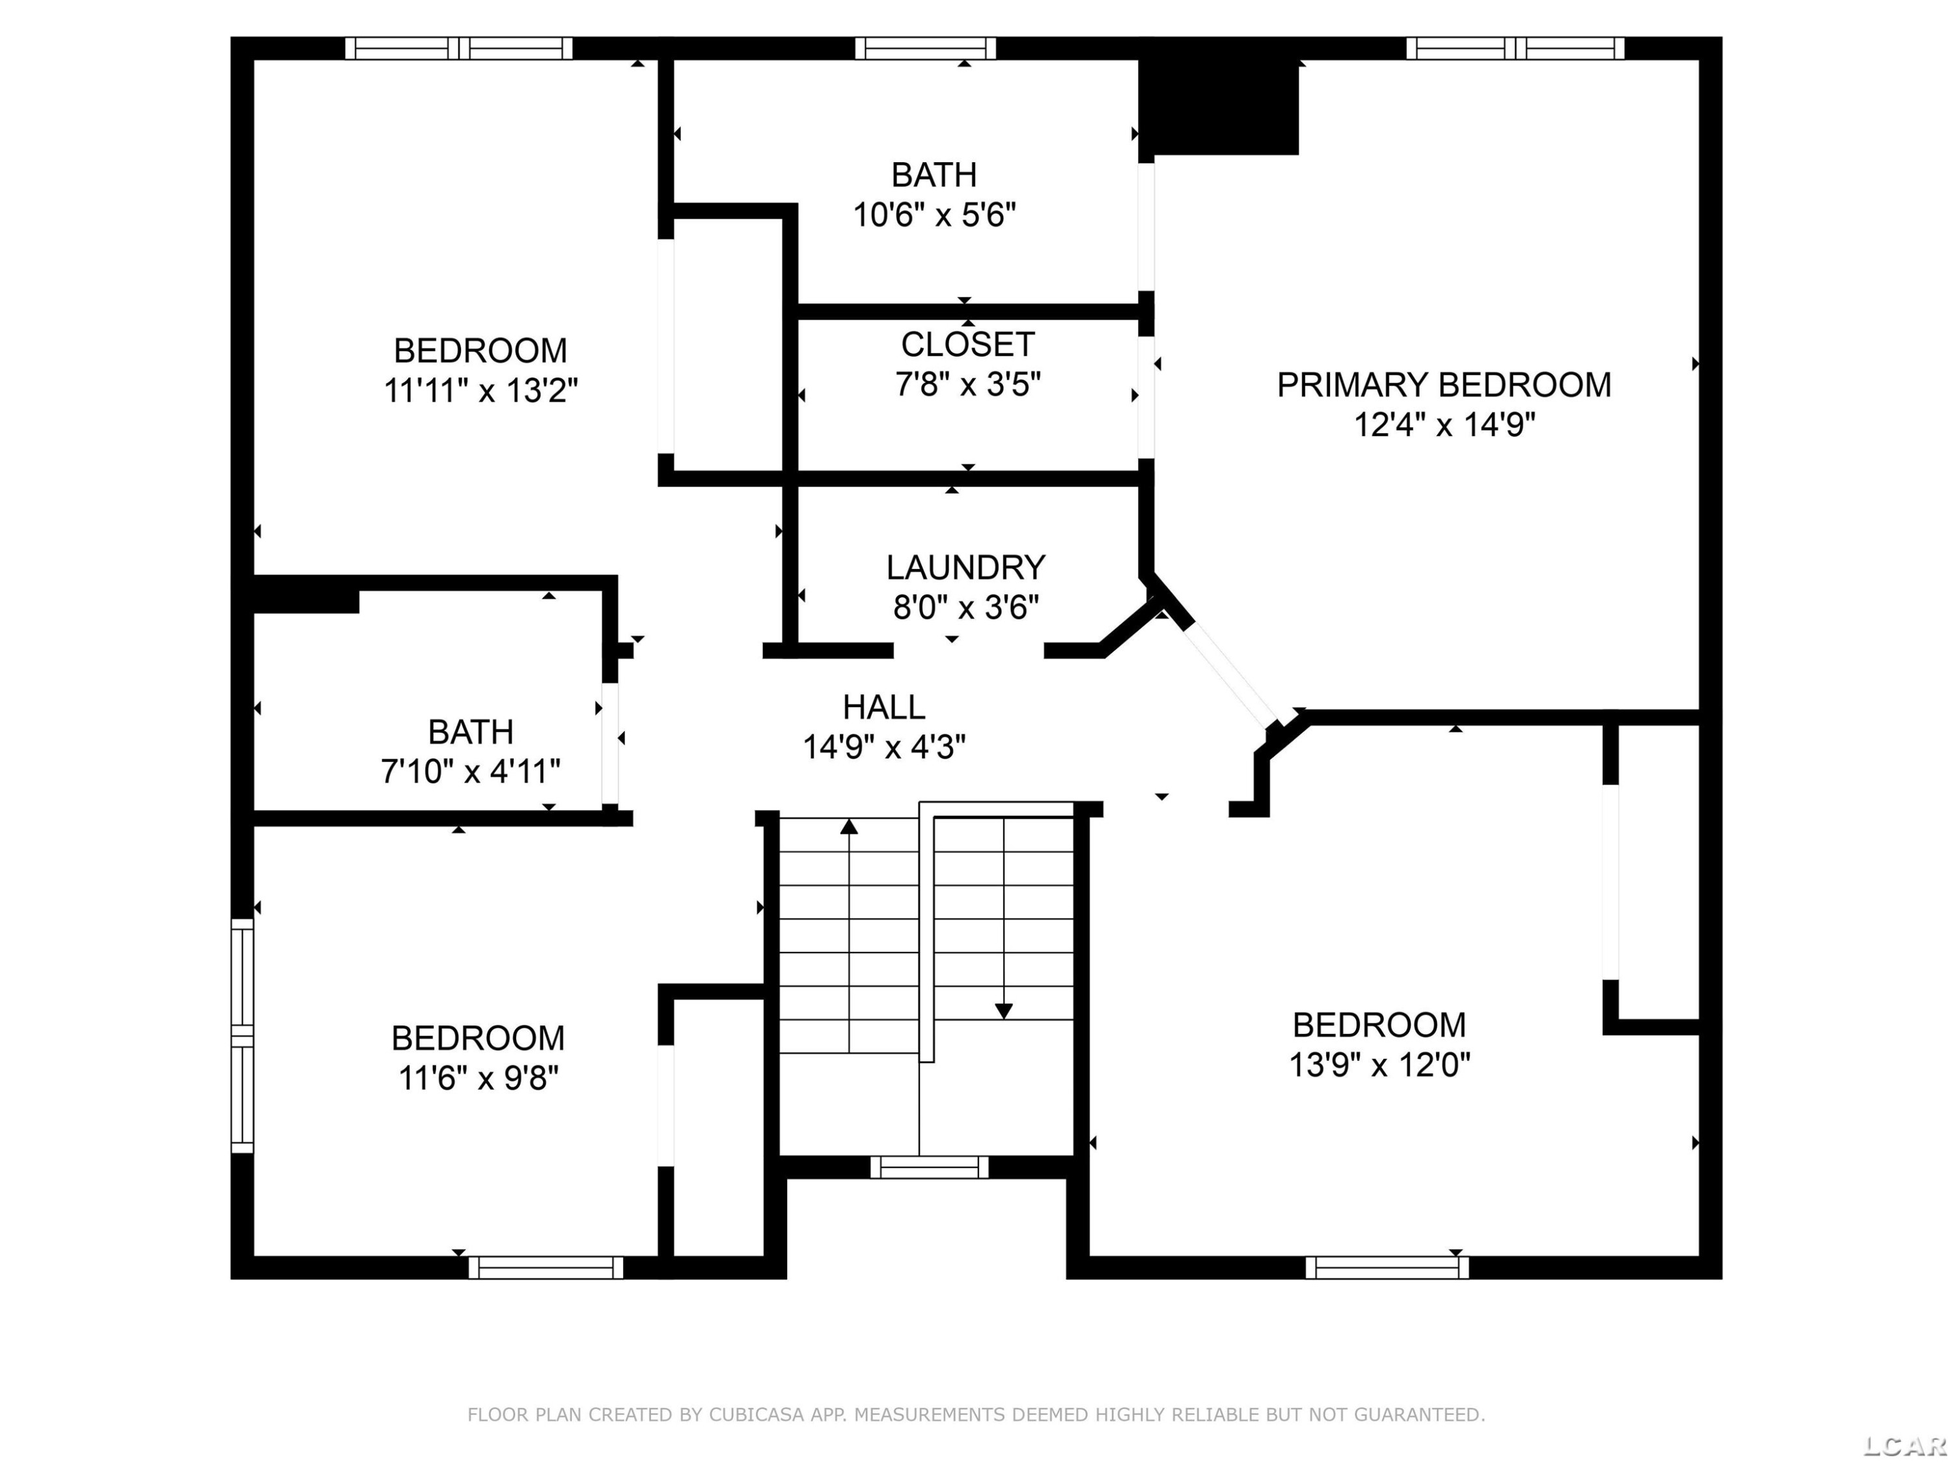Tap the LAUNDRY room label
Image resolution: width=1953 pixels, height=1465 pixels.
click(x=966, y=567)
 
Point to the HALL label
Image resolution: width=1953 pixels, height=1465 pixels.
click(x=884, y=706)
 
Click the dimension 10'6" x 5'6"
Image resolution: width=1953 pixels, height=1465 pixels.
click(x=934, y=215)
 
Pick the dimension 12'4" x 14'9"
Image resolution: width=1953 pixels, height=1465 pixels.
click(x=1445, y=425)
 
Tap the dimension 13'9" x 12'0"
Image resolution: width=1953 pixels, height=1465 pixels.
click(x=1380, y=1065)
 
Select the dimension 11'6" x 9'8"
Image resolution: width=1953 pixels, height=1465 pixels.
click(x=478, y=1078)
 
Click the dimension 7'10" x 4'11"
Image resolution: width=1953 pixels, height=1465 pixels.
click(x=471, y=771)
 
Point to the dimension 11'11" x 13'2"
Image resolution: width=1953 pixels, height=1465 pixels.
click(x=480, y=389)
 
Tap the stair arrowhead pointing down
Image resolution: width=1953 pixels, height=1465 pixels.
click(x=1004, y=1011)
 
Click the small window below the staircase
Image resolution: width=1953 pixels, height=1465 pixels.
click(x=930, y=1167)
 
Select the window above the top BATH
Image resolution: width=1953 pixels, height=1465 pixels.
click(x=925, y=48)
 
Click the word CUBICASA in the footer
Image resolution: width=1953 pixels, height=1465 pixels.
click(x=756, y=1415)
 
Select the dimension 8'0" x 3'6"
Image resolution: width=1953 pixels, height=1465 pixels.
click(x=966, y=607)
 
